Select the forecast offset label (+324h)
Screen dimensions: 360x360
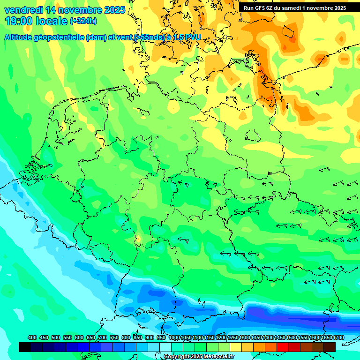(x=83, y=21)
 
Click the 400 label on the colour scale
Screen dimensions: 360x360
(x=32, y=337)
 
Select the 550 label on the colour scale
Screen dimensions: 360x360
(x=67, y=337)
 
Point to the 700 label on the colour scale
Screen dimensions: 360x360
(x=103, y=337)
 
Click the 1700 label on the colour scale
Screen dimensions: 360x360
(x=327, y=337)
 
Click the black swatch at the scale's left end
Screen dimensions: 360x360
(x=25, y=347)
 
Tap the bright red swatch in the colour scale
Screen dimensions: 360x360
(x=283, y=347)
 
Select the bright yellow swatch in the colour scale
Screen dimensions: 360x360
(x=236, y=347)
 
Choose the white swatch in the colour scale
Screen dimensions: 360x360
(x=165, y=347)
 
